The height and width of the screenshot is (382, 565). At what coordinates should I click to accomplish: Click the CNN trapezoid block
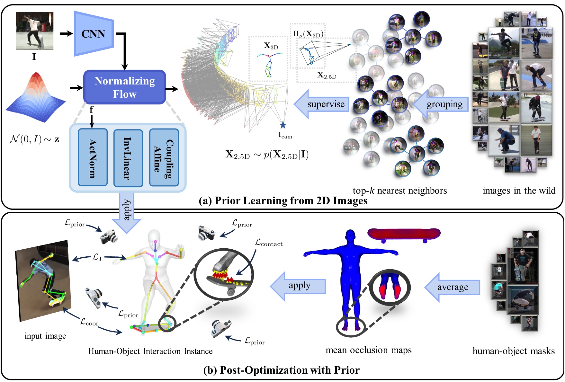click(x=94, y=34)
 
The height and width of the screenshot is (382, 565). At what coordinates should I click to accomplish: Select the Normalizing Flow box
click(x=125, y=87)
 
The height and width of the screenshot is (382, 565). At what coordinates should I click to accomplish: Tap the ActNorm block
click(x=93, y=158)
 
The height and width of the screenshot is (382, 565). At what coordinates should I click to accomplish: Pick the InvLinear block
click(x=128, y=158)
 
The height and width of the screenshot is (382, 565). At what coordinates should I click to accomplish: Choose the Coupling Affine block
click(x=164, y=158)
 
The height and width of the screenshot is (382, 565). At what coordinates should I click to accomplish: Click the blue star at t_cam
click(x=283, y=125)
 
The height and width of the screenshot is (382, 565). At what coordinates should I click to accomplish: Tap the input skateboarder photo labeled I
click(x=34, y=31)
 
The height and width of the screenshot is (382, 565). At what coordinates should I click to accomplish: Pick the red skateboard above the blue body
click(x=404, y=234)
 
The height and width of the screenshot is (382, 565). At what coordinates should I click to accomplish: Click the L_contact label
click(x=269, y=243)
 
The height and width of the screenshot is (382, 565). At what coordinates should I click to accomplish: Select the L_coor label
click(x=89, y=322)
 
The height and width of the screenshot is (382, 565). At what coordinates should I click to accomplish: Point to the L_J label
click(x=97, y=257)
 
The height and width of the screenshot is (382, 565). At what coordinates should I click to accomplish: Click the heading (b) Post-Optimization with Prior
click(x=281, y=370)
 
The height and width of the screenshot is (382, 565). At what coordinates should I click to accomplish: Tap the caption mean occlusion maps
click(x=368, y=350)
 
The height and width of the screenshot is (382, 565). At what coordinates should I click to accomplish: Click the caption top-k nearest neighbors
click(x=399, y=191)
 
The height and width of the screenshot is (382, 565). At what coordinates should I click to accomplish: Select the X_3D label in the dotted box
click(x=271, y=46)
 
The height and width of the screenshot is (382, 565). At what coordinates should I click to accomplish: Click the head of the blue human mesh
click(x=350, y=236)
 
